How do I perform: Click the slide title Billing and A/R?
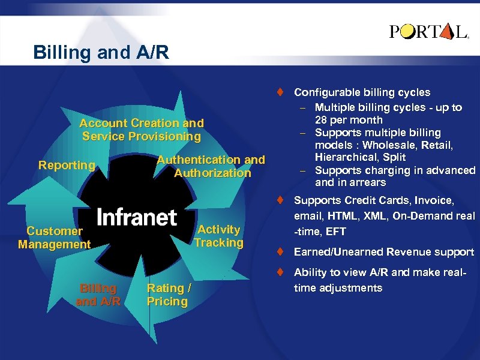click(x=101, y=52)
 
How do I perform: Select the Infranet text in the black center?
click(x=137, y=217)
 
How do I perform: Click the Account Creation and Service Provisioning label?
click(x=142, y=130)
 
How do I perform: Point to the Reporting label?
click(x=67, y=165)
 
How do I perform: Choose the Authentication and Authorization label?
click(x=211, y=166)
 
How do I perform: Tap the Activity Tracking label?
click(x=218, y=236)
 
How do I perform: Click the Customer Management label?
click(x=55, y=238)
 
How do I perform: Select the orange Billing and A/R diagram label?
click(x=98, y=295)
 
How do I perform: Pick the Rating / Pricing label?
click(x=169, y=295)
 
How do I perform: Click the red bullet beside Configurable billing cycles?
click(x=280, y=92)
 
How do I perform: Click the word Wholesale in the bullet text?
click(x=385, y=145)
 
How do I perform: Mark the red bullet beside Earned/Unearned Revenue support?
click(x=280, y=252)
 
